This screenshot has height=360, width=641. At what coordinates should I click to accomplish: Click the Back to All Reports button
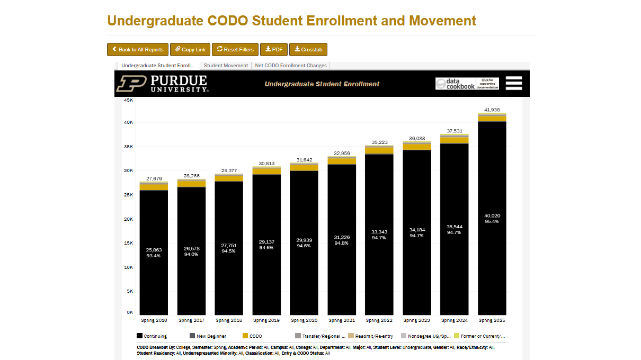138,49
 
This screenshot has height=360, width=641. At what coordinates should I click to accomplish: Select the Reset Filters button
235,49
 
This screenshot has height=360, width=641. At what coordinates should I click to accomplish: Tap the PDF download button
274,49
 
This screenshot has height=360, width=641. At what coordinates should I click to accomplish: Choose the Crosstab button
308,49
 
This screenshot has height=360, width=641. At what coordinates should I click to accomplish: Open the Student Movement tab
226,66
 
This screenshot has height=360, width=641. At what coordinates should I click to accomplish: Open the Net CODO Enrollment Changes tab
290,66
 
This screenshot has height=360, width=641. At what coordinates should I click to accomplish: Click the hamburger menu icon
514,83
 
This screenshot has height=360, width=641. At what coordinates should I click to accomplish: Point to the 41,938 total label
492,110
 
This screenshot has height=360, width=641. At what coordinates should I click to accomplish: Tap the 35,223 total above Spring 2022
379,142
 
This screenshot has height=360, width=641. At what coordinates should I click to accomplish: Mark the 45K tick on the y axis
128,100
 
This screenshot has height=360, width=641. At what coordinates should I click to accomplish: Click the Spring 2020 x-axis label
304,320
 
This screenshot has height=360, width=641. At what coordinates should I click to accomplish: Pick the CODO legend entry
252,336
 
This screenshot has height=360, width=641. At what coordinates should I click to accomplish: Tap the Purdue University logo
162,84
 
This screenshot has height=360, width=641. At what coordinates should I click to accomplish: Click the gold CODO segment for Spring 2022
379,150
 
